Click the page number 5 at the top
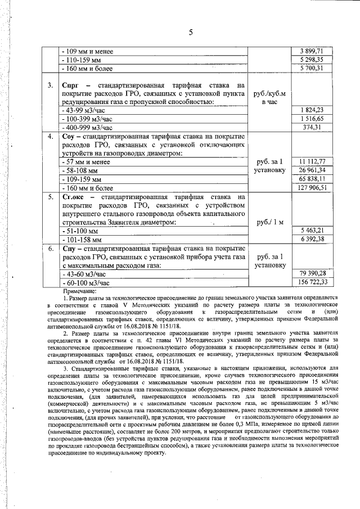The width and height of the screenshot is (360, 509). pos(191,33)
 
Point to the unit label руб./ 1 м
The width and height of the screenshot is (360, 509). pos(269,222)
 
